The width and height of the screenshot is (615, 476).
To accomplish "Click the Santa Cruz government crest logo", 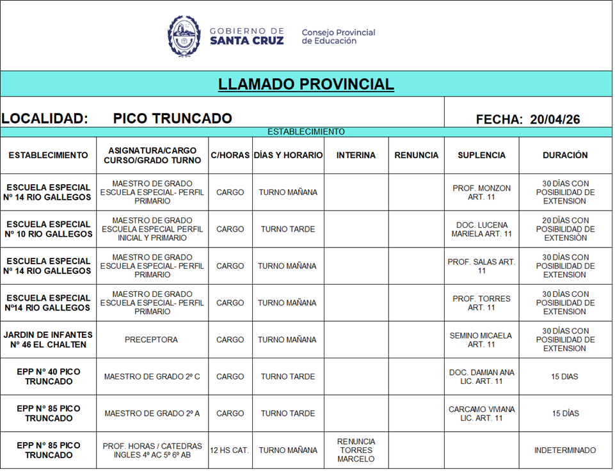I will pos(184,36).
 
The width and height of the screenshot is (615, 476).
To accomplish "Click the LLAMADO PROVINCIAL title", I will pos(306,84).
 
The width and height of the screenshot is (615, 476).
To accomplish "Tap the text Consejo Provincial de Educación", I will pos(338,36).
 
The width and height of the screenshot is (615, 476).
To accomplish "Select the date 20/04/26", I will pos(555,119).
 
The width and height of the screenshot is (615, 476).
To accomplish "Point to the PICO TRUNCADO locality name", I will pos(172,118).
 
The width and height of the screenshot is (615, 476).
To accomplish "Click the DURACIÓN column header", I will pos(565,155).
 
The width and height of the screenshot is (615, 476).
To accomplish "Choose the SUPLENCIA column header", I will pos(481,155).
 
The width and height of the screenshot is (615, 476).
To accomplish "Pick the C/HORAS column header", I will pos(230,155).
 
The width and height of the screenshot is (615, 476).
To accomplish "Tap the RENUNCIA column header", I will pos(416,155).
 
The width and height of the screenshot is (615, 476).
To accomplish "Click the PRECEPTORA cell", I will pos(151,340).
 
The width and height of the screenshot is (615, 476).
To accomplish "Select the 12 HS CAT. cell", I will pos(230,450).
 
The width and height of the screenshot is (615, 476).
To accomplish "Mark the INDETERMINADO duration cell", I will pos(565,450).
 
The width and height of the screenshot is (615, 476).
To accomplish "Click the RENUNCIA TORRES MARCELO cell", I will pos(356,450).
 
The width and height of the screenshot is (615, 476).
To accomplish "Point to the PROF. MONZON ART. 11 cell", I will pos(481,193).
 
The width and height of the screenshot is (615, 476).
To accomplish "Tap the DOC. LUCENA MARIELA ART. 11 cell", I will pos(481,229).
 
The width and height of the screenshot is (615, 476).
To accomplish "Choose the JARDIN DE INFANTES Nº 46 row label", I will pos(48,340).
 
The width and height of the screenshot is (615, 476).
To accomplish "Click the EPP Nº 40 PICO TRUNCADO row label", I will pos(48,377).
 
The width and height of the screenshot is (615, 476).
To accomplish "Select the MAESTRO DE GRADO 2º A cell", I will pos(152,413).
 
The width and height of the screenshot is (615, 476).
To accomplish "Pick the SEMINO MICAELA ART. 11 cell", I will pos(481,340).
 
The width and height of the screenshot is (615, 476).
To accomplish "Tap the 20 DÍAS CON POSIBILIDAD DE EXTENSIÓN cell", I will pos(565,229).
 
